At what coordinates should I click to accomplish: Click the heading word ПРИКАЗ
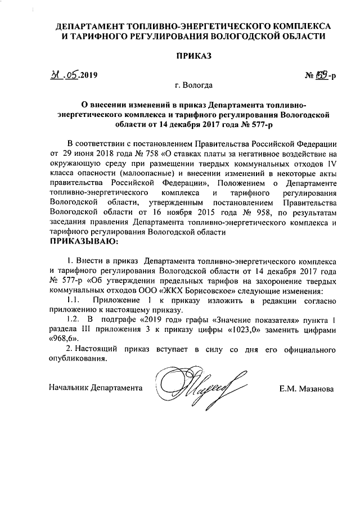point(195,56)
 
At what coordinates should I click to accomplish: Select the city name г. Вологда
point(193,86)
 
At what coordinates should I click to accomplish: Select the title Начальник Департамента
point(95,388)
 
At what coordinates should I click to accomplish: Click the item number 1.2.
point(71,320)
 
